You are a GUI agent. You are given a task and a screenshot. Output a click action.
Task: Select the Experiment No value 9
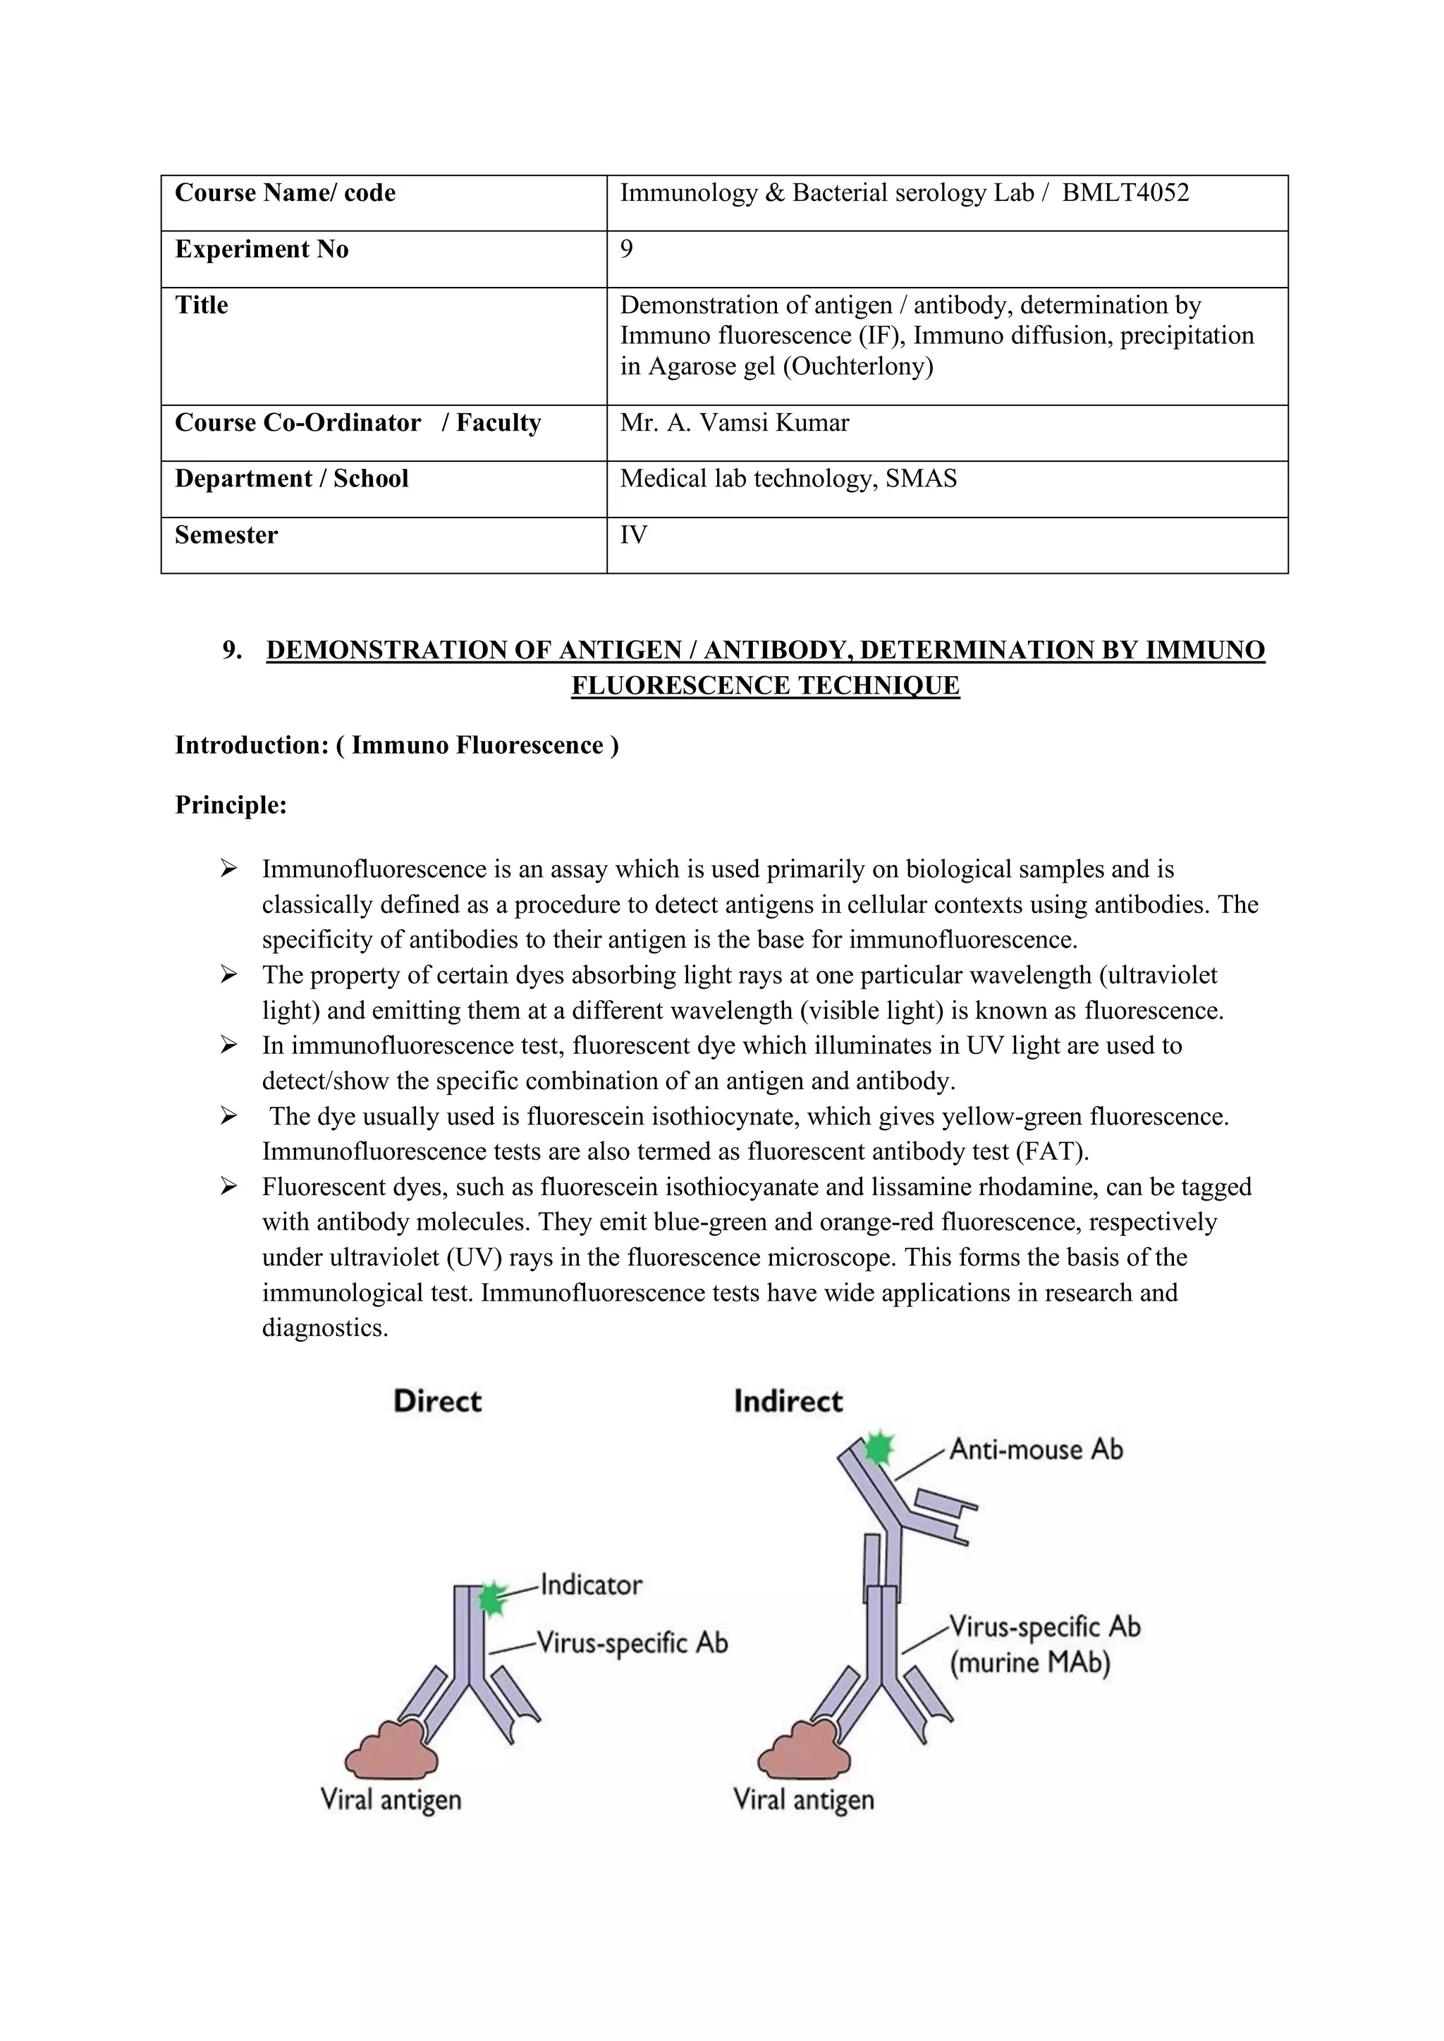point(627,249)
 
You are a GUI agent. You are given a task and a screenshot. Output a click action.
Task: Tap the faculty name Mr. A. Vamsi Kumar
point(735,422)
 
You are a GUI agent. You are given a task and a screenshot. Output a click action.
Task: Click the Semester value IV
point(633,534)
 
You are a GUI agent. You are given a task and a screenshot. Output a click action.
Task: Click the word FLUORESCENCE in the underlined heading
point(682,685)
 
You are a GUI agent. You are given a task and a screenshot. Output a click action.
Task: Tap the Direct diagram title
point(436,1402)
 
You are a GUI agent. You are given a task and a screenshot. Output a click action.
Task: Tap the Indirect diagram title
point(788,1402)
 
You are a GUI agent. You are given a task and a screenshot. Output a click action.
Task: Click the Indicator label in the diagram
point(592,1585)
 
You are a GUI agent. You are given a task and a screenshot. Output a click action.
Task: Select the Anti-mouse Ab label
point(1036,1450)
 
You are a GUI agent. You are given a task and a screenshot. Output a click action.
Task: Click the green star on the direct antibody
point(491,1599)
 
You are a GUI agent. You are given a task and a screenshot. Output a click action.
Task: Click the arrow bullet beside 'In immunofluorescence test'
point(229,1046)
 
